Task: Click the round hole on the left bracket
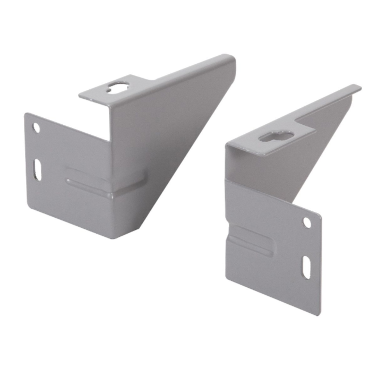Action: point(37,128)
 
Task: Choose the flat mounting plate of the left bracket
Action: point(69,170)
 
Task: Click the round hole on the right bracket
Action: point(307,222)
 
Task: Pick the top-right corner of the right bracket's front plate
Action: point(320,214)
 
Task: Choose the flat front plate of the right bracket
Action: point(276,250)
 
